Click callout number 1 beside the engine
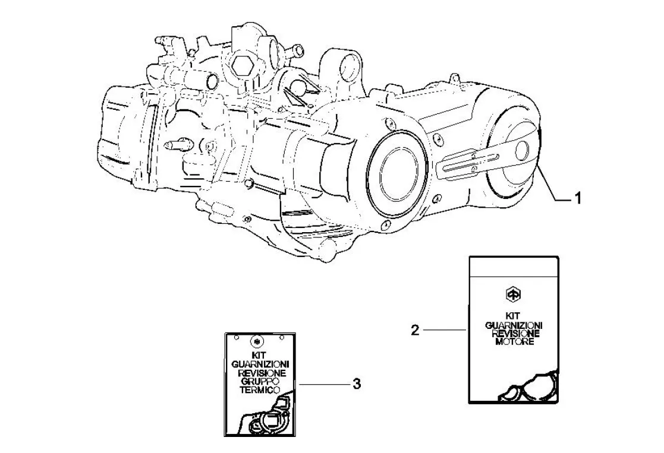pos(576,199)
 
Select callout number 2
pos(416,330)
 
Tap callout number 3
pos(357,384)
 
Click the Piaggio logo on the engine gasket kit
pos(513,294)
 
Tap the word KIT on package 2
pos(513,317)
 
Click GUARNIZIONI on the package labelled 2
pos(513,325)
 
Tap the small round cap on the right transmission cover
pos(521,151)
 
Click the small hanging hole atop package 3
pos(257,340)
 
